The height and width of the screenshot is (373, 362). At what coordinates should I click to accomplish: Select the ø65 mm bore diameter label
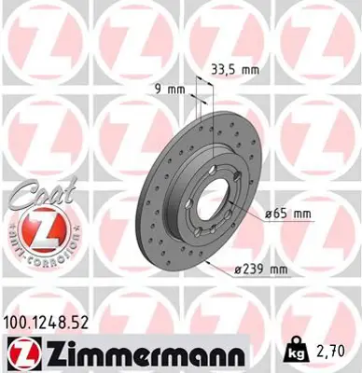tap(286, 214)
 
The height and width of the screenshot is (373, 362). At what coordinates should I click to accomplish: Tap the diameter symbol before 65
tap(269, 214)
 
